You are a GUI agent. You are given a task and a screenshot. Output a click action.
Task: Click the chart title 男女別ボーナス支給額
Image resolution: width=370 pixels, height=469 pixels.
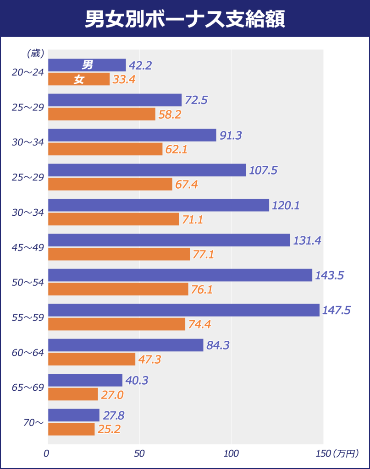click(185, 19)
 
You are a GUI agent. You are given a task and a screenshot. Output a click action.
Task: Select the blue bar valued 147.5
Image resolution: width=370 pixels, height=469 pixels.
click(183, 310)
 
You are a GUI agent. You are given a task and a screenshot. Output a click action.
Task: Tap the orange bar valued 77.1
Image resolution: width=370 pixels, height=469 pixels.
click(119, 254)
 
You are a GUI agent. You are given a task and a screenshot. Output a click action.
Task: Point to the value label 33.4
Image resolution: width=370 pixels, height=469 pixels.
click(124, 80)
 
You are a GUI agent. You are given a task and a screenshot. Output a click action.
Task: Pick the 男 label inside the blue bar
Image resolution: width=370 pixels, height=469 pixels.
click(87, 65)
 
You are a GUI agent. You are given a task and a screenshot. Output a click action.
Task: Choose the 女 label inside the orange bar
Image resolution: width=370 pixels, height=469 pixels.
click(79, 80)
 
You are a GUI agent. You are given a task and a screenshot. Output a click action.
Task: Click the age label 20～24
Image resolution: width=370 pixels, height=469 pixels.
click(28, 72)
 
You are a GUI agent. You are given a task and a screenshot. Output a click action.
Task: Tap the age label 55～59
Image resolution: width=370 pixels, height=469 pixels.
click(28, 317)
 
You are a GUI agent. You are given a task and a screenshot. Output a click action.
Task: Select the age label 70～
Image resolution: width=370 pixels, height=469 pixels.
click(33, 423)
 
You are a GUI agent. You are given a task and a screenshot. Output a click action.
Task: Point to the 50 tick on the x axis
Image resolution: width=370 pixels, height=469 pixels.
click(139, 454)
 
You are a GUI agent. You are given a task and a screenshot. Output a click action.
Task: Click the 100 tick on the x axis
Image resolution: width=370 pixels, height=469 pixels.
click(231, 454)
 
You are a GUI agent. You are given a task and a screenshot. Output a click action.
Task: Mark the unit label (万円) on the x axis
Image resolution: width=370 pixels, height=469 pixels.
click(345, 454)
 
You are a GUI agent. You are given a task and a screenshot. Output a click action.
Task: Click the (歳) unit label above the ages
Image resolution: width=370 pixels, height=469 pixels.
click(35, 54)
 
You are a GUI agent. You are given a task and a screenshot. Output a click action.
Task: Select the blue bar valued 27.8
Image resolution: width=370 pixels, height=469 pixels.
click(73, 415)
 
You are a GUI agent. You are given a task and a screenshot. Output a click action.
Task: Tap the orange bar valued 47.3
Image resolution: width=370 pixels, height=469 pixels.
click(92, 359)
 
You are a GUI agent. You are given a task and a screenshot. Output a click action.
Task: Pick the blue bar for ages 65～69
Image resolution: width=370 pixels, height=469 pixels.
click(85, 380)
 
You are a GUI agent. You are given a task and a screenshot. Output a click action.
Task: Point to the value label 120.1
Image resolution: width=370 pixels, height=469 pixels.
click(286, 206)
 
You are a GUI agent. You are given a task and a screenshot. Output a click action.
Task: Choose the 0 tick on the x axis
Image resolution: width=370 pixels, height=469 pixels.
click(46, 454)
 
